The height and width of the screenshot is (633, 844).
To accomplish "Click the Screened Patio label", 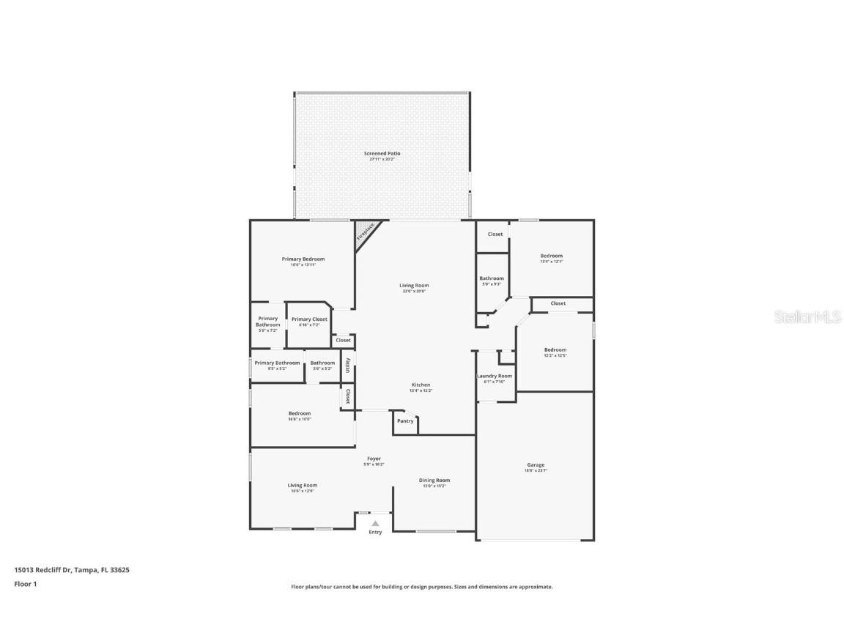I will click(x=382, y=154).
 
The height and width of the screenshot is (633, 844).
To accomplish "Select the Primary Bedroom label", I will click(x=303, y=259).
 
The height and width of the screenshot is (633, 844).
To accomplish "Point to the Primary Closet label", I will click(x=309, y=319).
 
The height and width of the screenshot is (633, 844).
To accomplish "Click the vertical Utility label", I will click(x=347, y=366).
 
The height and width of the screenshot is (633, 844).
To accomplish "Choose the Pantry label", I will click(x=405, y=421).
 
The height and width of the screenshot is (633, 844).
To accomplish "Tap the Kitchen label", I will click(x=421, y=385).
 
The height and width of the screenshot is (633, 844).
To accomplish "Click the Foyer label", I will click(x=374, y=459).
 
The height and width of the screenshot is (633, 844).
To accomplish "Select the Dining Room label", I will click(x=434, y=481).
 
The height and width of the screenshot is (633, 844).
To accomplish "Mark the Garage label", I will click(x=536, y=464).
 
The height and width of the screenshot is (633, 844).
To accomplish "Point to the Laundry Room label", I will click(x=495, y=376).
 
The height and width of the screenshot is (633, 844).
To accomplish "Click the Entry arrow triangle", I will click(x=375, y=523).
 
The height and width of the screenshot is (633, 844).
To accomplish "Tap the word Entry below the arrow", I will click(x=375, y=533).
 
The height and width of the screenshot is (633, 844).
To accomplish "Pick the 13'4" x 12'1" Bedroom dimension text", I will click(x=551, y=262).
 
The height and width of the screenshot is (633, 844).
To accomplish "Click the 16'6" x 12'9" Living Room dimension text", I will click(x=302, y=491).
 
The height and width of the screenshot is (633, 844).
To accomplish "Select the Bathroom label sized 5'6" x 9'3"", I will click(x=492, y=278).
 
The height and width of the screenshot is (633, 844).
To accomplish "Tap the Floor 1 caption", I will click(x=25, y=584).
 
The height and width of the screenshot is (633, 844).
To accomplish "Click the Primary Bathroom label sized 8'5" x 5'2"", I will click(x=277, y=363).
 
